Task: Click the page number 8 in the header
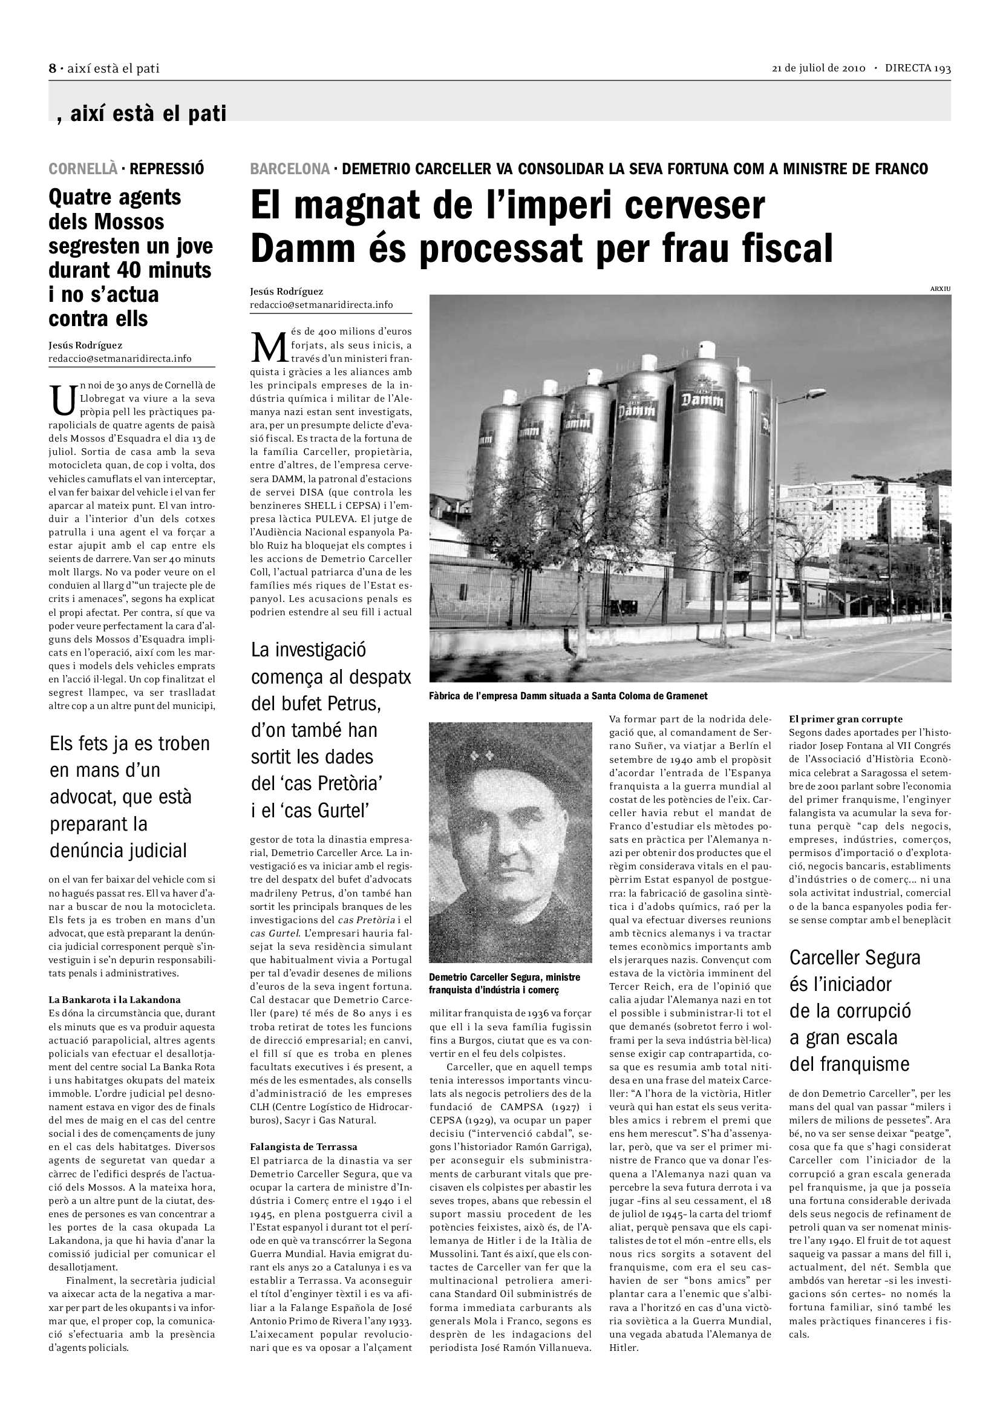(53, 68)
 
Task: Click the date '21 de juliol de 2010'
(819, 68)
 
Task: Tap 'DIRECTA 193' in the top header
(918, 68)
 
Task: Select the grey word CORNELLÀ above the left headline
(82, 169)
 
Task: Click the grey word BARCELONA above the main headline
(290, 169)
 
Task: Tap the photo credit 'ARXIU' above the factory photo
(940, 289)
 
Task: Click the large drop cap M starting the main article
(269, 348)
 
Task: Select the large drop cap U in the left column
(63, 399)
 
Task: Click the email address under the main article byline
(321, 305)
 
